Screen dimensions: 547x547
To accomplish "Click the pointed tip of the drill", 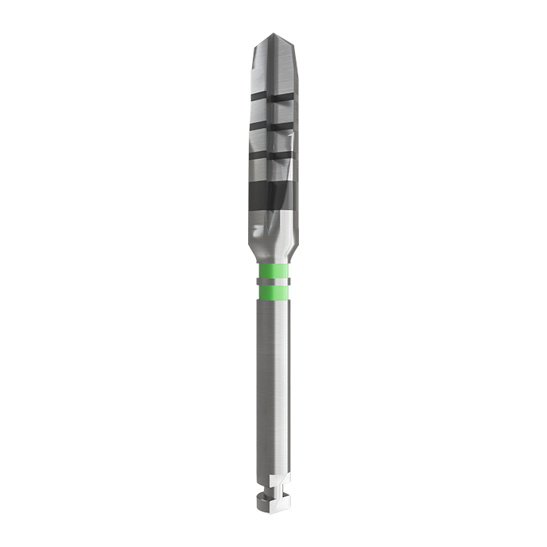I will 273,35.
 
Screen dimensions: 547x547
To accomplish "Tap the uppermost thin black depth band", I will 273,99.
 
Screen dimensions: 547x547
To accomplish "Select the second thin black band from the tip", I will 273,126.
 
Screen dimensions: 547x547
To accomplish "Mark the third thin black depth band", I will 273,153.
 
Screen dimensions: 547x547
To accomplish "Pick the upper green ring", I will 273,274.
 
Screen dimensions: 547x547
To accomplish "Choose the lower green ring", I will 273,293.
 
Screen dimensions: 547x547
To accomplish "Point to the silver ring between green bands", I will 273,284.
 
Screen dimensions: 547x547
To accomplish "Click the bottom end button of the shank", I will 273,504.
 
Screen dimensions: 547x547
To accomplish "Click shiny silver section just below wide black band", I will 273,227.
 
